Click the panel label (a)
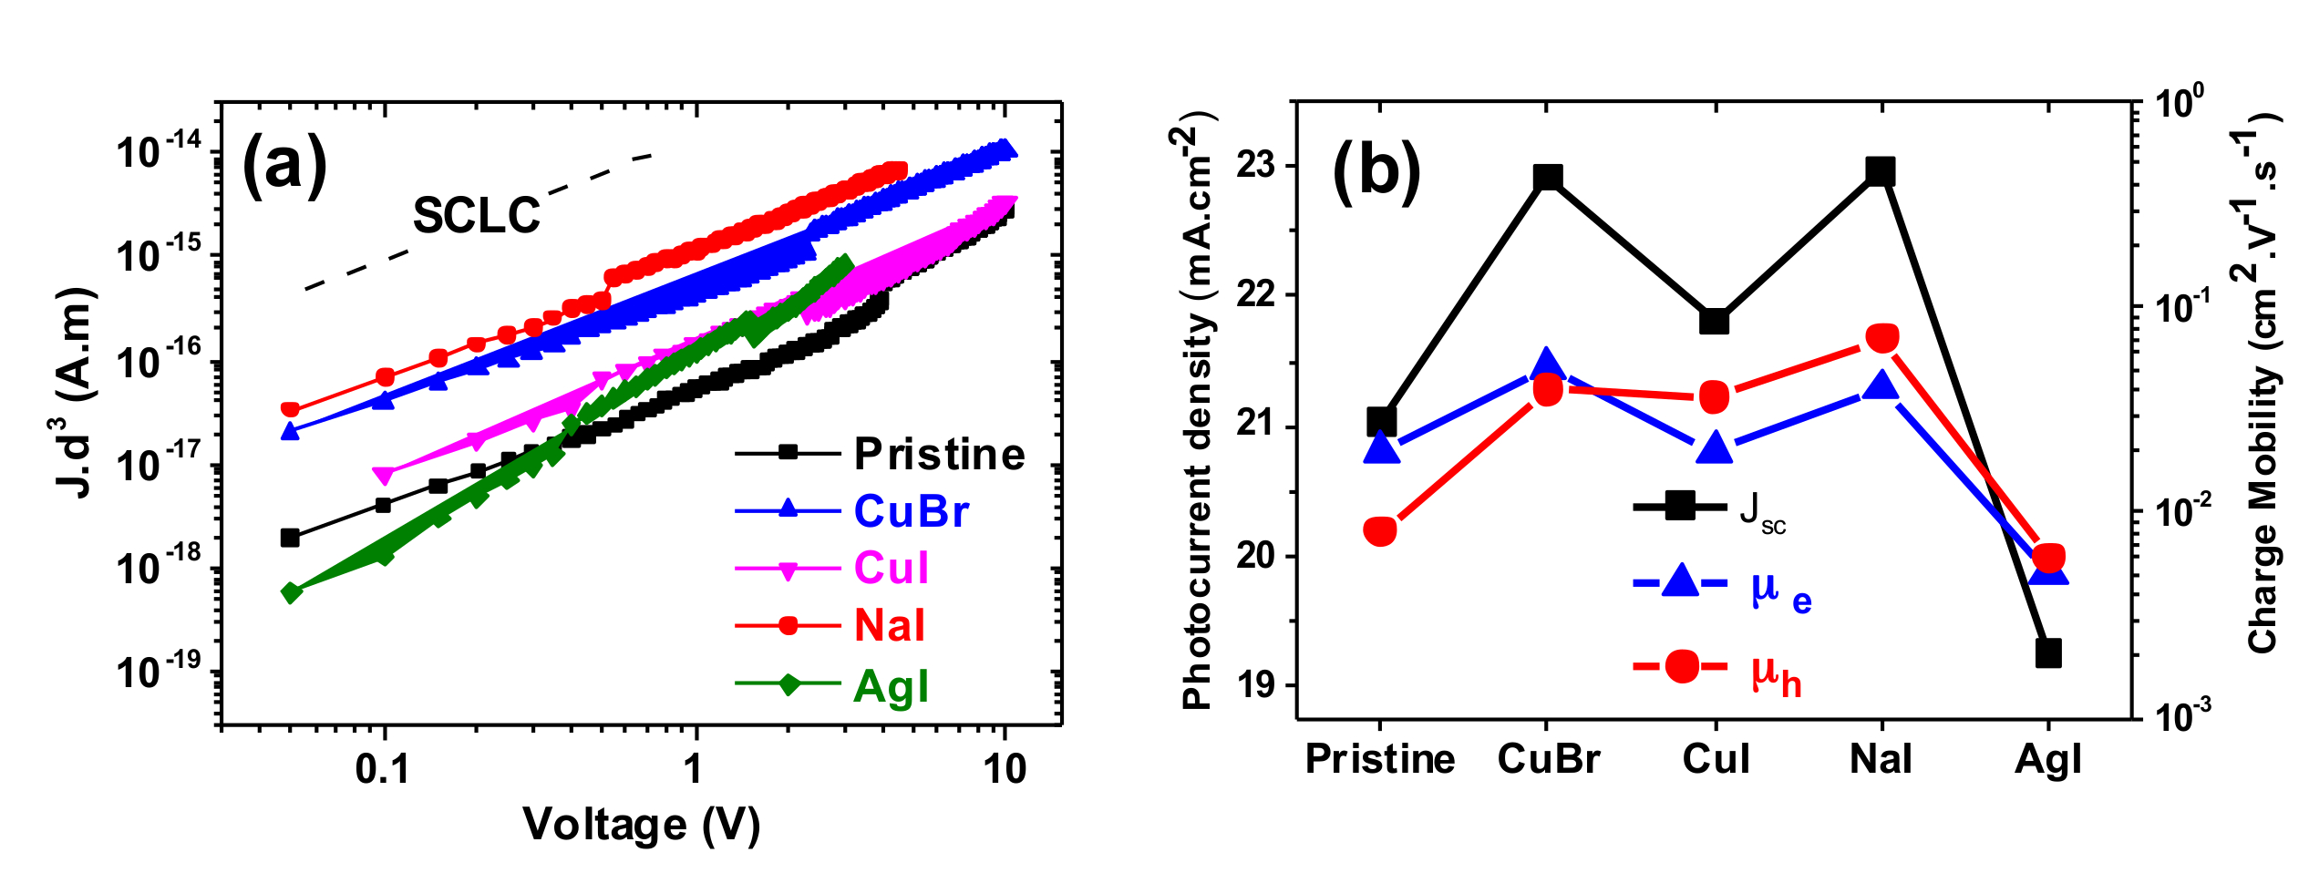284,164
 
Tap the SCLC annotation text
477,216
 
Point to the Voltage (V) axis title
641,825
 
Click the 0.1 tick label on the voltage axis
383,770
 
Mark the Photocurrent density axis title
1197,410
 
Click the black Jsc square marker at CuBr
1548,177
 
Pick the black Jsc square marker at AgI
2048,652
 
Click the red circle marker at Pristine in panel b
1380,530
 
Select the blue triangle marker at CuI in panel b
1715,447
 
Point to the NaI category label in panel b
1881,759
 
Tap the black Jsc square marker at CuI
1715,322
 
